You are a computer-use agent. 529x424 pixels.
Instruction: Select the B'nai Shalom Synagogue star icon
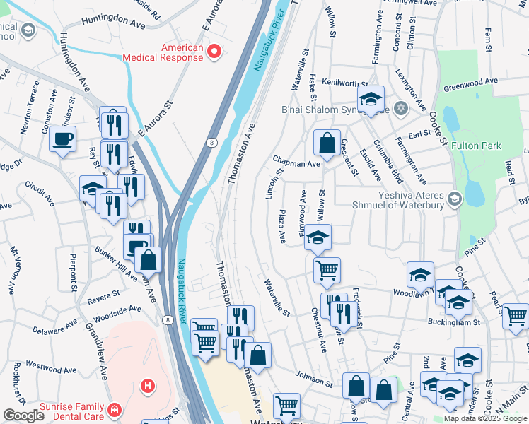click(401, 109)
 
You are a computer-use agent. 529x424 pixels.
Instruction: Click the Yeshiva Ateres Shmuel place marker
click(453, 200)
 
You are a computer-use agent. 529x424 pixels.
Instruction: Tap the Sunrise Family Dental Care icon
click(113, 409)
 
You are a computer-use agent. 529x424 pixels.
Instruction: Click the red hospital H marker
click(148, 386)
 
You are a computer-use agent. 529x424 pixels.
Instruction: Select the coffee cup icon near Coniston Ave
click(63, 138)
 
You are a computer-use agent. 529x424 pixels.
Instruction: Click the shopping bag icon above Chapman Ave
click(327, 143)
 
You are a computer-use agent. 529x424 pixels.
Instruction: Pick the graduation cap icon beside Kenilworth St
click(369, 101)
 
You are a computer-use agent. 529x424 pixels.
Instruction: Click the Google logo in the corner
click(23, 416)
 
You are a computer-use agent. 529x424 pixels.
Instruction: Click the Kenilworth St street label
click(344, 83)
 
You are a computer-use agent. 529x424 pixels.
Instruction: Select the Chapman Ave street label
click(296, 163)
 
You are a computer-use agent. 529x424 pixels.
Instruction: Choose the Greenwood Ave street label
click(470, 86)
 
